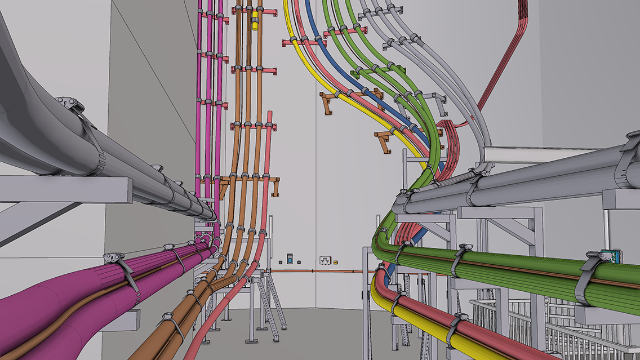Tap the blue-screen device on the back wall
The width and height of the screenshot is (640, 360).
(290, 259)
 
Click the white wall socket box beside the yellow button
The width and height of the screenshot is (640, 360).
(325, 260)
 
